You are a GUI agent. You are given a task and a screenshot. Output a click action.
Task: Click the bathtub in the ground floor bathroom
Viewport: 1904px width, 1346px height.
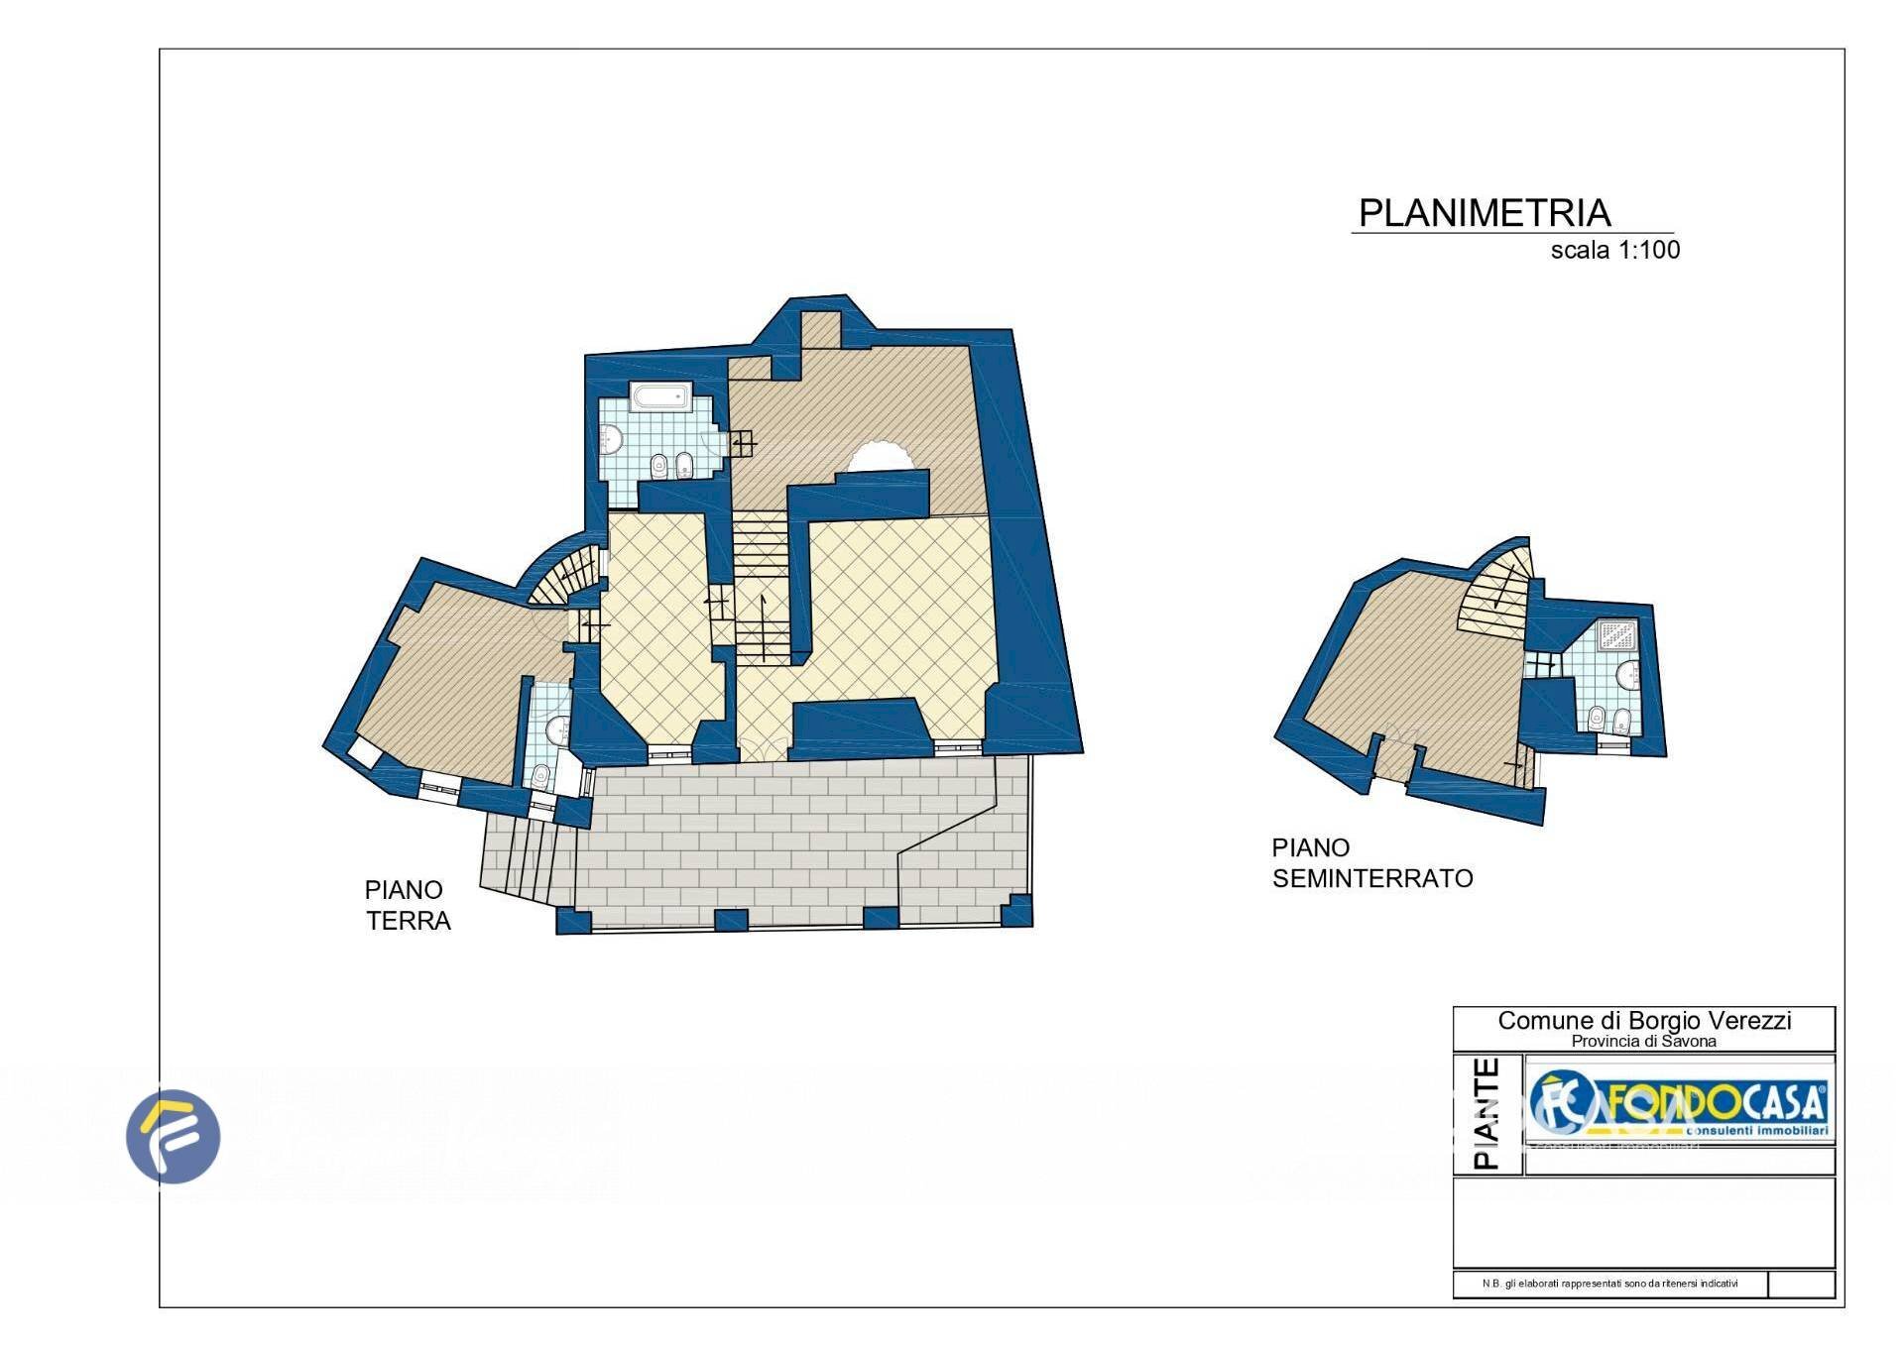click(662, 398)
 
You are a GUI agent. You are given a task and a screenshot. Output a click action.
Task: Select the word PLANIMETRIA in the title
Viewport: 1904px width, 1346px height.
click(1484, 213)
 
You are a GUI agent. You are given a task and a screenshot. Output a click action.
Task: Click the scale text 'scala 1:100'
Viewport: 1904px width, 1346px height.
click(1614, 250)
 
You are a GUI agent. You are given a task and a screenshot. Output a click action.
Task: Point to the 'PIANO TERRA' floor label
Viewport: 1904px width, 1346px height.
click(407, 905)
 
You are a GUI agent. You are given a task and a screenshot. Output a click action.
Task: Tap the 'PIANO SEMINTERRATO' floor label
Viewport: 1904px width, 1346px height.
click(1371, 862)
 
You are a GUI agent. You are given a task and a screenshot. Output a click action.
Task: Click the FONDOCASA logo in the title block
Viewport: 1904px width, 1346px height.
click(1678, 1105)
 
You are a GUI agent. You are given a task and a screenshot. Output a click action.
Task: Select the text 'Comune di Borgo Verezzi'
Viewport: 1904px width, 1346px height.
click(1643, 1021)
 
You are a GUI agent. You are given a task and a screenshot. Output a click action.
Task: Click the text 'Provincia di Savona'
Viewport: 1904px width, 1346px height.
click(1643, 1042)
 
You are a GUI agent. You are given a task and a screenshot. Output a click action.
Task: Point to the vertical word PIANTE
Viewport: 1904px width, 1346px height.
click(1487, 1113)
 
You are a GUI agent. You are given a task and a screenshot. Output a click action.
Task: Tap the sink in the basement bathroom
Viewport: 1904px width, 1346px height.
click(1628, 677)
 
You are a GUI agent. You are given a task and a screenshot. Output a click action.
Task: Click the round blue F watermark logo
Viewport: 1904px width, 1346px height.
click(174, 1136)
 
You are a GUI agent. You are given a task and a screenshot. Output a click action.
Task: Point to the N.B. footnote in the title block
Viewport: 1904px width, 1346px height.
click(1609, 1284)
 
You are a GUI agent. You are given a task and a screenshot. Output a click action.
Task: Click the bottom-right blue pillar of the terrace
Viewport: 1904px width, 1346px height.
click(1017, 909)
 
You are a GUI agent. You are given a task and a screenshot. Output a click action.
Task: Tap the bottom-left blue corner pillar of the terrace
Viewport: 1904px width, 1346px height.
click(574, 921)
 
